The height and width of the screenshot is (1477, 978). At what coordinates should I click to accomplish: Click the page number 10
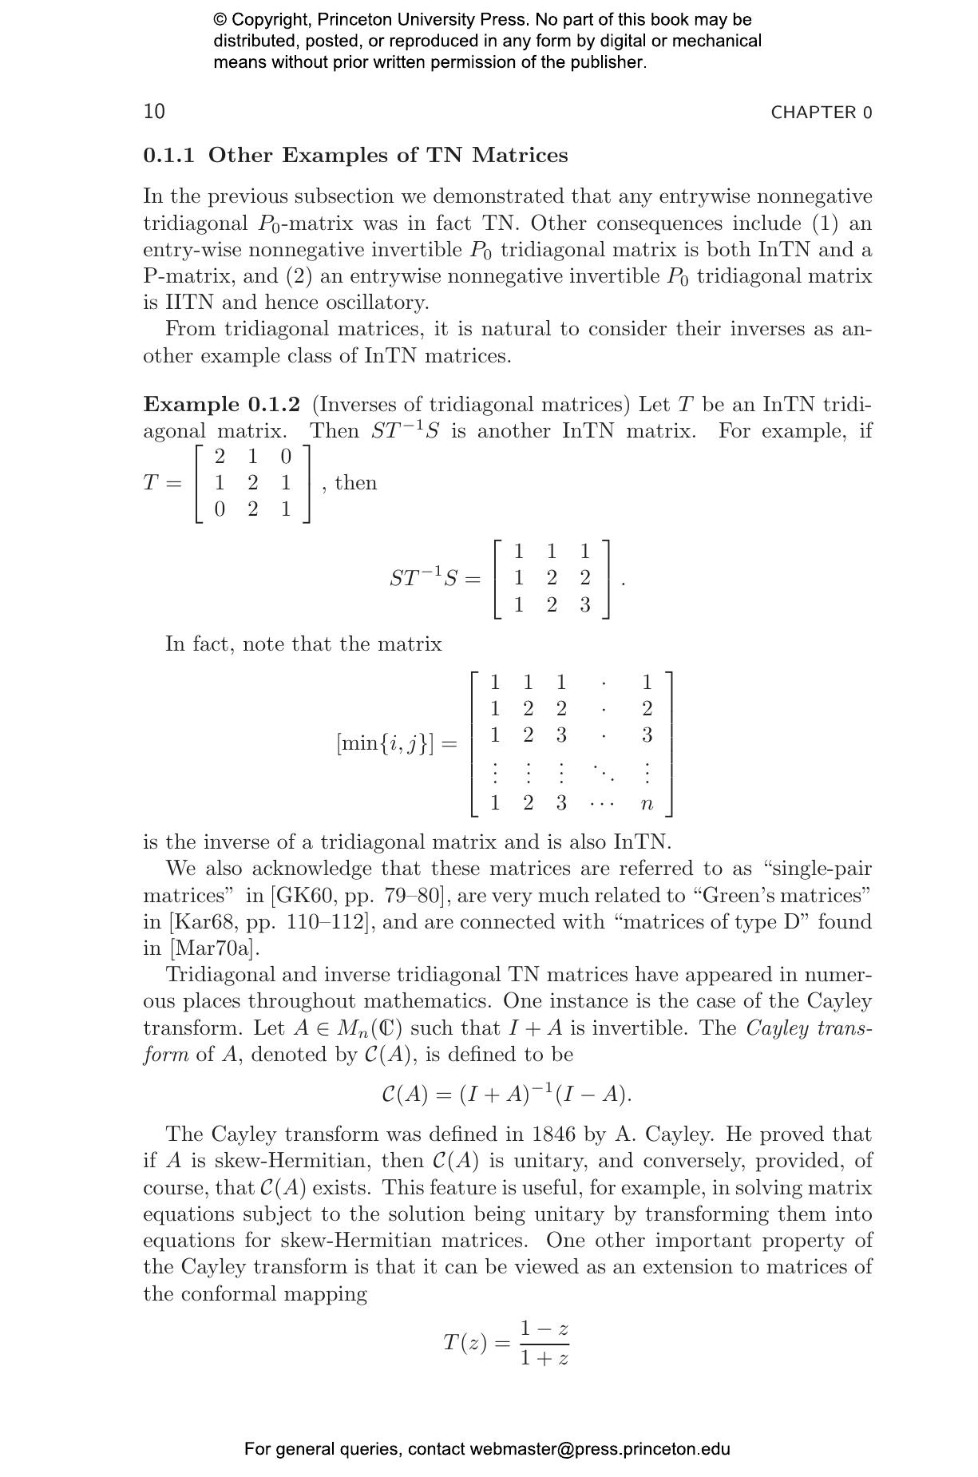[154, 111]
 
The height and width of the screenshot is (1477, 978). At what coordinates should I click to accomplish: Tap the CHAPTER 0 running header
[821, 113]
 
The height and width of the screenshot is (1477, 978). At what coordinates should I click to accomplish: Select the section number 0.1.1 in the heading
[168, 155]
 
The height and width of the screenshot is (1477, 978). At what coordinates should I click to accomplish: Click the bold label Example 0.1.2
[221, 404]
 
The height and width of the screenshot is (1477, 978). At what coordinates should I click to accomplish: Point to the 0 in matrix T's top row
[286, 456]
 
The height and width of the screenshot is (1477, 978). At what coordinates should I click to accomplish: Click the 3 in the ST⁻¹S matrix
[584, 604]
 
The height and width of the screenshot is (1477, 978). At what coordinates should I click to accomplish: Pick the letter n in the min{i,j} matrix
[647, 803]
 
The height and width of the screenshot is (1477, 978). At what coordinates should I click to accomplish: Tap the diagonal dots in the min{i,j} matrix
[604, 772]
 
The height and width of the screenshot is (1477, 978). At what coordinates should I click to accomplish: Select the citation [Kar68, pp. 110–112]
[271, 921]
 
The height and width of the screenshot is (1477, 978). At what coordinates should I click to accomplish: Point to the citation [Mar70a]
[213, 948]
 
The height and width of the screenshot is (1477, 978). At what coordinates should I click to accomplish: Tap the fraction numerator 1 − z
[544, 1329]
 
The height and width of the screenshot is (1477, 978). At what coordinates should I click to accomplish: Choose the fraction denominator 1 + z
[544, 1357]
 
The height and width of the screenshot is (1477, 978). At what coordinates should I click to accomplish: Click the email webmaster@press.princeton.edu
[600, 1449]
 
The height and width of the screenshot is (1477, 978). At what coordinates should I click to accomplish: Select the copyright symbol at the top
[220, 20]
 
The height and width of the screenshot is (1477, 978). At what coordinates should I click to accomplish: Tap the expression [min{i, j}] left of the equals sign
[386, 743]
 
